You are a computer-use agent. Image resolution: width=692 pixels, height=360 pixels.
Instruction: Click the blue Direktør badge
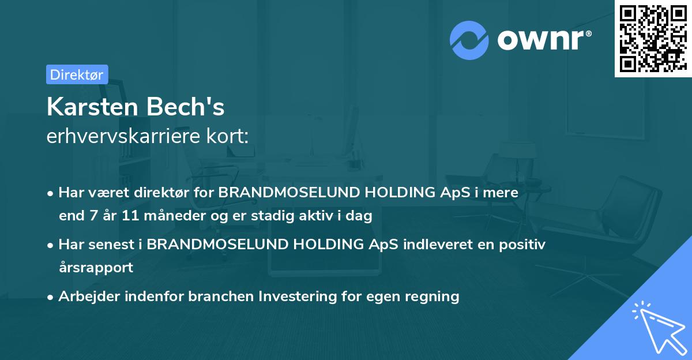[77, 74]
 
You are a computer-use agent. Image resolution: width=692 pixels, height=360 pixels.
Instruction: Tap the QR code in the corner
[653, 38]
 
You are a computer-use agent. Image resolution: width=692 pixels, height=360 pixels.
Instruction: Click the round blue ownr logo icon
[469, 40]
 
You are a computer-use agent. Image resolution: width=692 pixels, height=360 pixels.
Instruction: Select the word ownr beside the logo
[541, 40]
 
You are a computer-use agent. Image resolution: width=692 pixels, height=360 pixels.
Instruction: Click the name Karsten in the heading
[92, 107]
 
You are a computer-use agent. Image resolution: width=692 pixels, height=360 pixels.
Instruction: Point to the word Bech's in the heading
[185, 107]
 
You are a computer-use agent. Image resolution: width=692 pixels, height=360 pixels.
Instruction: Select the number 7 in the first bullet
[94, 216]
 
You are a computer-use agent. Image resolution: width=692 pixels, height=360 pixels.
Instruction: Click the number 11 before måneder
[130, 216]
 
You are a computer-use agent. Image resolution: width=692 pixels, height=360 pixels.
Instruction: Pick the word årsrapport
[96, 268]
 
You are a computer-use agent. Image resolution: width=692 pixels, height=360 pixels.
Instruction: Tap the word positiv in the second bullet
[522, 245]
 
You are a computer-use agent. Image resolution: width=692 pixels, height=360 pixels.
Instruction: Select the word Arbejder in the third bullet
[89, 296]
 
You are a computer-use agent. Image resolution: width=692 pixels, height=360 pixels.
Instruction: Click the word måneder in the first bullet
[175, 215]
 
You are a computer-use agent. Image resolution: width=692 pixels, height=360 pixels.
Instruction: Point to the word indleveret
[438, 244]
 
